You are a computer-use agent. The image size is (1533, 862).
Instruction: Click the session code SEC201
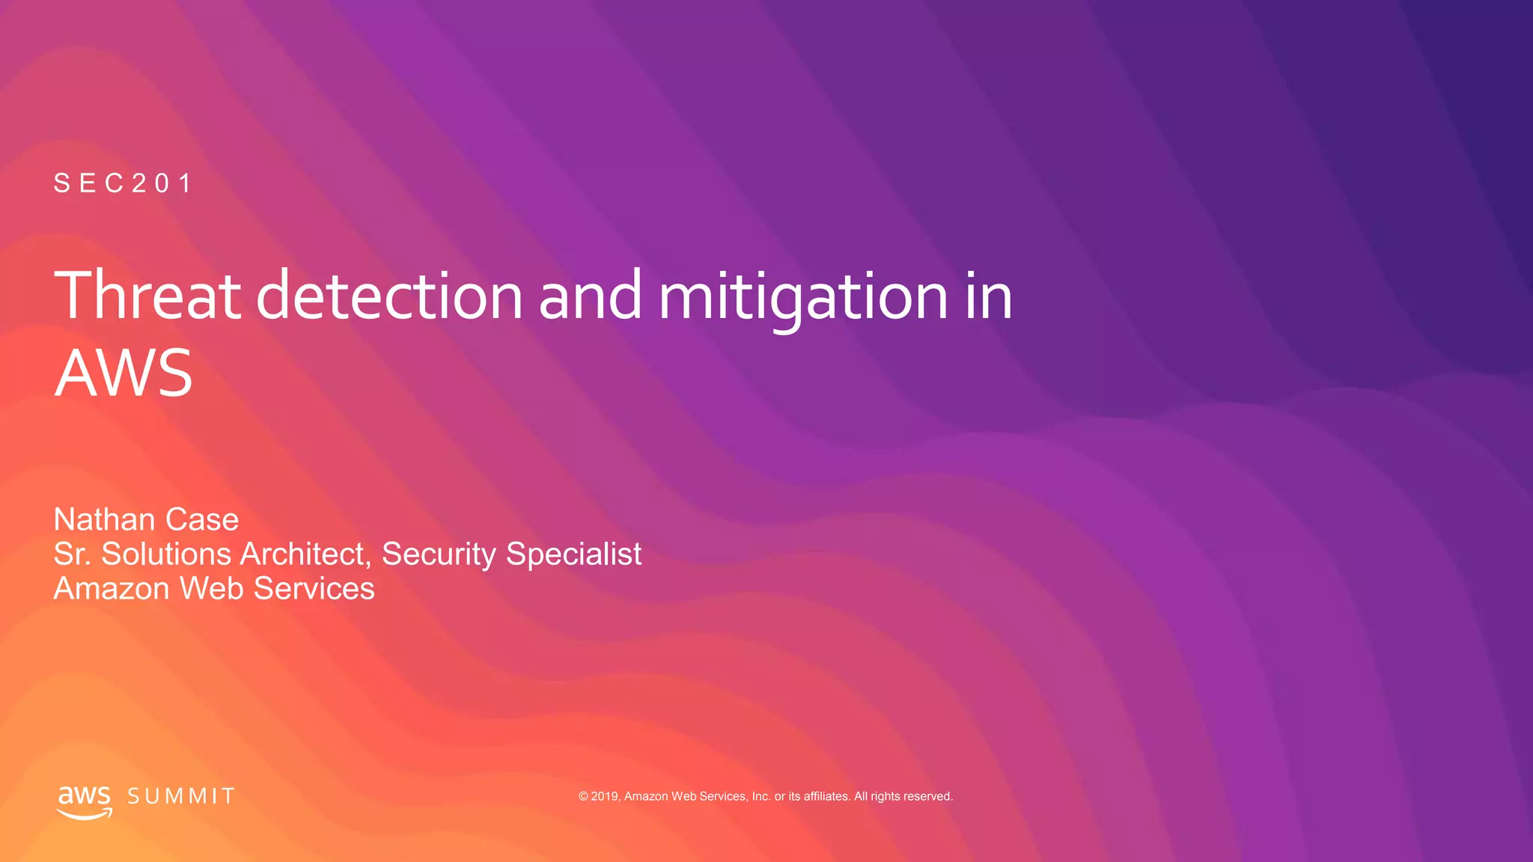click(x=124, y=183)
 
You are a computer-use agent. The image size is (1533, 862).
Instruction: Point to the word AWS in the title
click(x=124, y=373)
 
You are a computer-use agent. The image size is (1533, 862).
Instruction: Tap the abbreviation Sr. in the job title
click(x=72, y=554)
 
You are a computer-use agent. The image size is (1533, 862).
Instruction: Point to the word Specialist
click(x=573, y=554)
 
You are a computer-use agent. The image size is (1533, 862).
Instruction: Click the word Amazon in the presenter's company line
click(x=112, y=589)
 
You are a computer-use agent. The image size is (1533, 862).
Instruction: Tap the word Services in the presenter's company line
click(x=314, y=589)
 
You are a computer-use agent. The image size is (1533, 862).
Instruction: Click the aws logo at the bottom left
click(x=85, y=801)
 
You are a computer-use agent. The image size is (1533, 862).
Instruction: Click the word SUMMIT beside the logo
click(x=181, y=796)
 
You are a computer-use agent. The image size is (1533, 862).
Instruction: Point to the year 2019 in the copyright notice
click(x=605, y=796)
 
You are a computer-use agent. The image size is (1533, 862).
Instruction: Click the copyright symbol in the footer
click(x=583, y=796)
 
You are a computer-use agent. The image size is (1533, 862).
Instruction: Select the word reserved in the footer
click(x=928, y=796)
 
